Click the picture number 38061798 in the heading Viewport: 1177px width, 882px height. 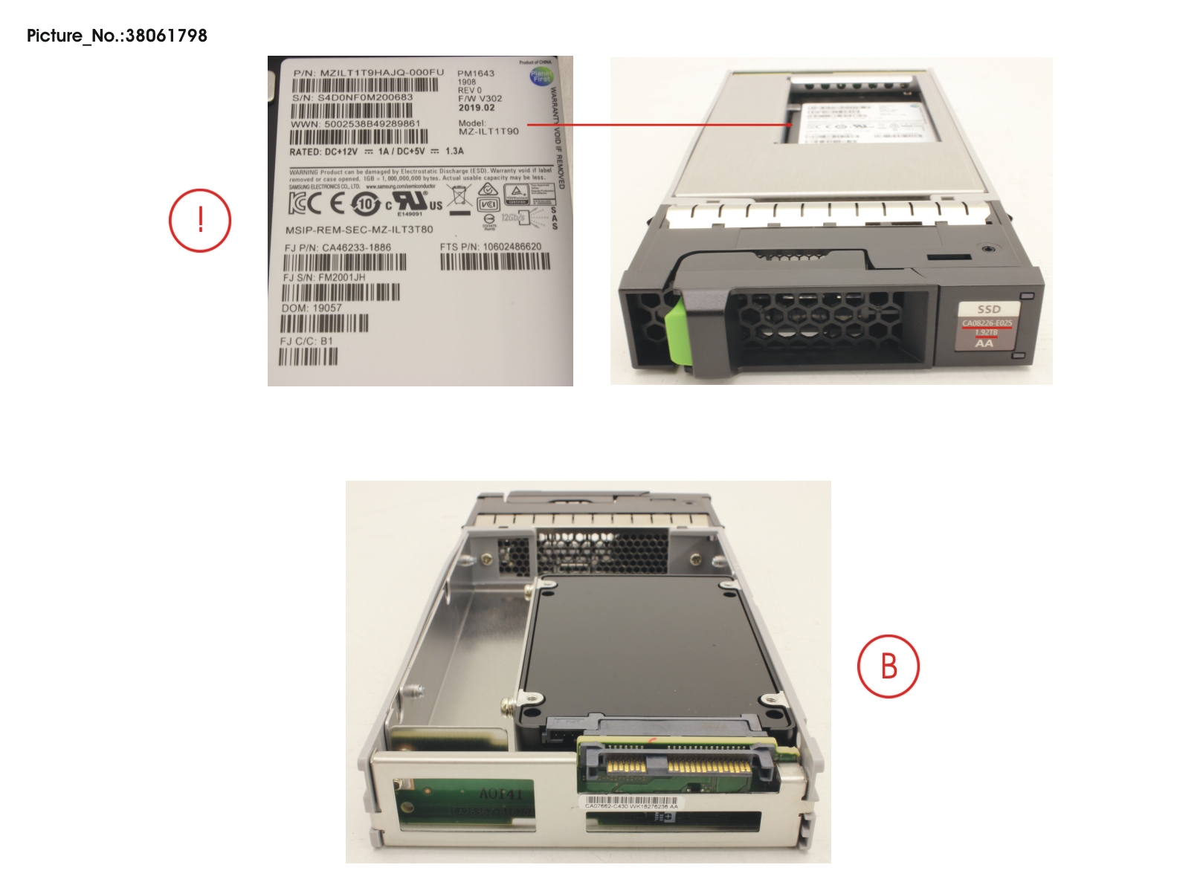pyautogui.click(x=166, y=36)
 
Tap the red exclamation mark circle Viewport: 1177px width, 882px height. pyautogui.click(x=200, y=221)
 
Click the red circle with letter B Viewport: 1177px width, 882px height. pyautogui.click(x=889, y=666)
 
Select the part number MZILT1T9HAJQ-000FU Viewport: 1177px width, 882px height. pyautogui.click(x=381, y=73)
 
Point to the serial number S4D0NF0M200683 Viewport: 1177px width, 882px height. pyautogui.click(x=365, y=97)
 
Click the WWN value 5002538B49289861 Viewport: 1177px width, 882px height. pyautogui.click(x=373, y=124)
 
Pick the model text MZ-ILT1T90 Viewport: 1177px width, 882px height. pyautogui.click(x=488, y=132)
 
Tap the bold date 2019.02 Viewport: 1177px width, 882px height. pyautogui.click(x=476, y=108)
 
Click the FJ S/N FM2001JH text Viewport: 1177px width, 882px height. pyautogui.click(x=324, y=277)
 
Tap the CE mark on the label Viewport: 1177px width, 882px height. pyautogui.click(x=338, y=204)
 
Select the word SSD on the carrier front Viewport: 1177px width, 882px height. pyautogui.click(x=989, y=309)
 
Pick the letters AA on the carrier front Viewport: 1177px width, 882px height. pyautogui.click(x=984, y=343)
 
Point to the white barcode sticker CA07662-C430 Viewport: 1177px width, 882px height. pyautogui.click(x=631, y=802)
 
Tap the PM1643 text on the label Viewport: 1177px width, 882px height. pyautogui.click(x=476, y=74)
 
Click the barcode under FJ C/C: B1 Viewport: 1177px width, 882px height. pyautogui.click(x=308, y=357)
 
